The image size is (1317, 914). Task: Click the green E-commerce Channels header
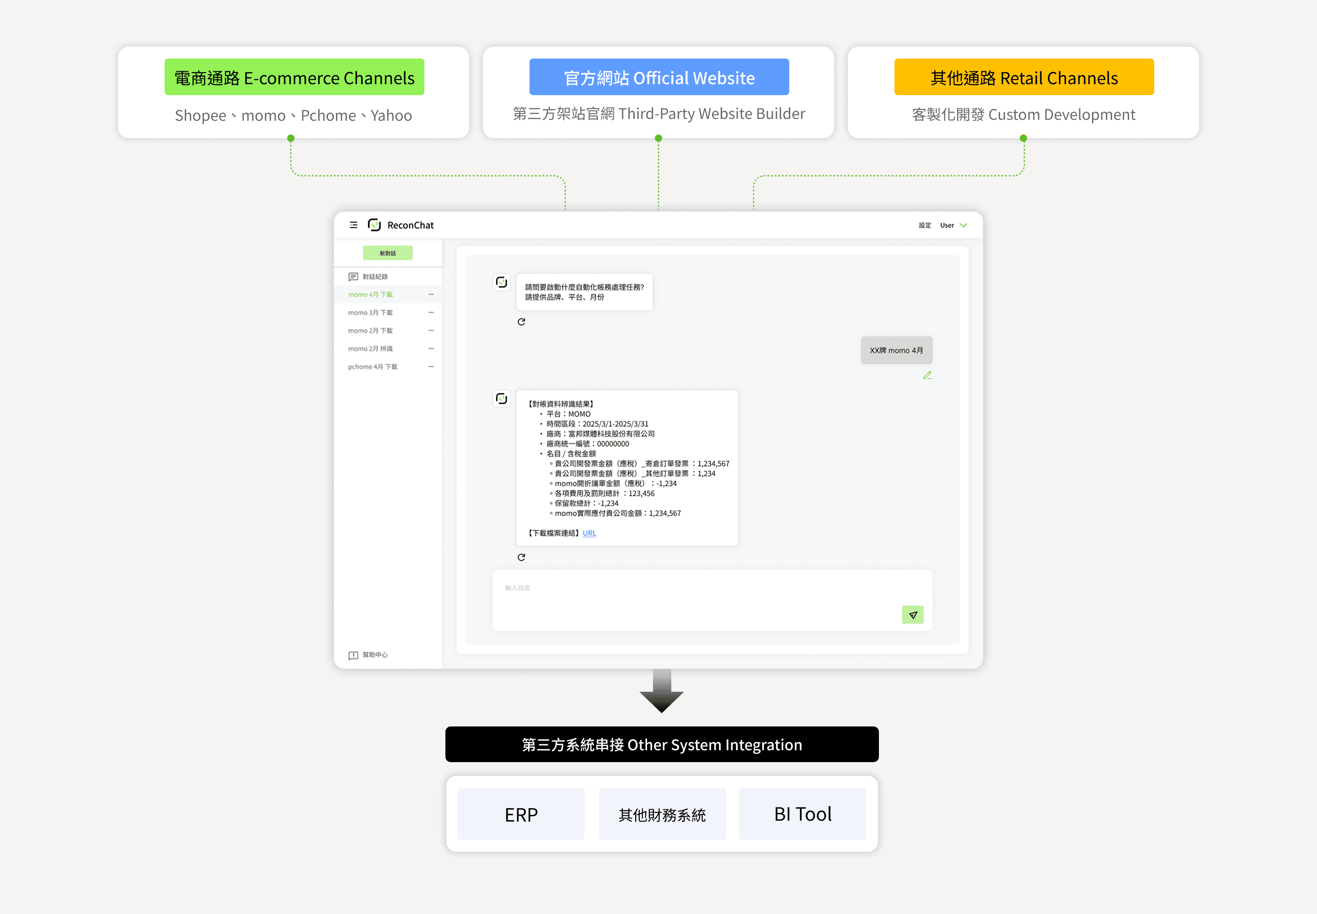click(x=294, y=77)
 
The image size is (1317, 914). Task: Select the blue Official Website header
click(x=659, y=77)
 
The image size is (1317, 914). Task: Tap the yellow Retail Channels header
click(x=1024, y=77)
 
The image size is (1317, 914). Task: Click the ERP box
click(x=521, y=814)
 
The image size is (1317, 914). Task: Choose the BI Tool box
click(x=803, y=814)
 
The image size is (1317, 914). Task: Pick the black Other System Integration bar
click(x=662, y=744)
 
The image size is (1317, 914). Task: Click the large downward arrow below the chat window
click(x=662, y=691)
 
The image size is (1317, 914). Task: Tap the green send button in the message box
click(x=912, y=614)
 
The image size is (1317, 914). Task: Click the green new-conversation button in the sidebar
click(x=387, y=253)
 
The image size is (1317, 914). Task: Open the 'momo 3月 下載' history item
click(x=370, y=313)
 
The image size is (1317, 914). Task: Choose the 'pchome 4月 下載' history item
click(x=373, y=366)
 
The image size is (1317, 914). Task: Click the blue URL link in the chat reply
click(x=589, y=533)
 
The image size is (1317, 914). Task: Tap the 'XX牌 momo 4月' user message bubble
click(x=896, y=350)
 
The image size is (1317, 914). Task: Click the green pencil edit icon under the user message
click(x=927, y=375)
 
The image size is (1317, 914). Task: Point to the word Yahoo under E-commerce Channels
click(x=391, y=115)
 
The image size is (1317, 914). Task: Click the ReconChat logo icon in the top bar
click(x=375, y=225)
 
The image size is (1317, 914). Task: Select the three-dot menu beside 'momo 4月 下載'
click(x=431, y=294)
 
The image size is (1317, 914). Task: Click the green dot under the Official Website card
click(x=658, y=138)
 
